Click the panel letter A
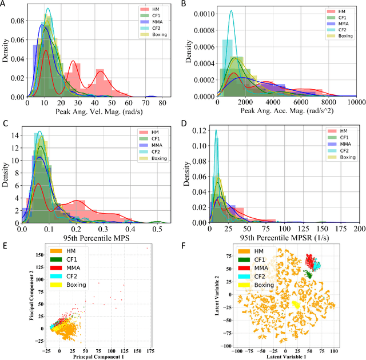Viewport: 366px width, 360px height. coord(5,4)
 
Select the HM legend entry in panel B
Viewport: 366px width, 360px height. coord(341,11)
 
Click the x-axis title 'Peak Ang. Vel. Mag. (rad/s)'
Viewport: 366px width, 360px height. coord(95,111)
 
